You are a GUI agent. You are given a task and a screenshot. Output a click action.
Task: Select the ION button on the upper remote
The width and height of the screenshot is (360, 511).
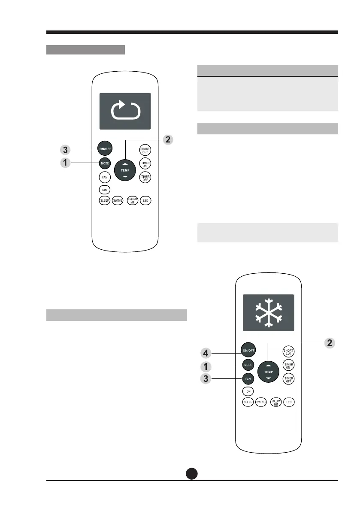104,189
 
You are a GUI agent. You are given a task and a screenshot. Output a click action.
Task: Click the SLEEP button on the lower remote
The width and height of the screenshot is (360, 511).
248,402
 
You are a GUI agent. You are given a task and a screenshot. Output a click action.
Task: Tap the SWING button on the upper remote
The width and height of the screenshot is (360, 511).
118,201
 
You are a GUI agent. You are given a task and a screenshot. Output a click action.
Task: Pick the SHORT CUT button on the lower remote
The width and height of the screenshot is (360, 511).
288,352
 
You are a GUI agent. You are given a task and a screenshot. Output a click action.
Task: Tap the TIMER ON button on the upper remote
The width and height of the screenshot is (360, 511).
145,164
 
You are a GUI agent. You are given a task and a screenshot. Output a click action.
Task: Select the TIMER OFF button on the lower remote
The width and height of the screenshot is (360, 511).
288,379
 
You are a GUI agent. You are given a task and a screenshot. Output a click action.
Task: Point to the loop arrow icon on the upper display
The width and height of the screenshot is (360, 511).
125,111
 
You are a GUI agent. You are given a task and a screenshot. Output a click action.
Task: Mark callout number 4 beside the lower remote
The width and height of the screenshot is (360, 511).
207,354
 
